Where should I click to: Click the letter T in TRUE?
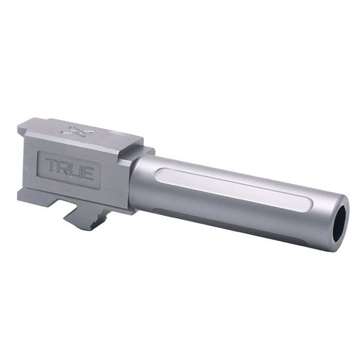tap(52, 166)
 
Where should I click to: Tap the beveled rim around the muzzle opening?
tap(332, 225)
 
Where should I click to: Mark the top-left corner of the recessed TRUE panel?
tap(40, 153)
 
